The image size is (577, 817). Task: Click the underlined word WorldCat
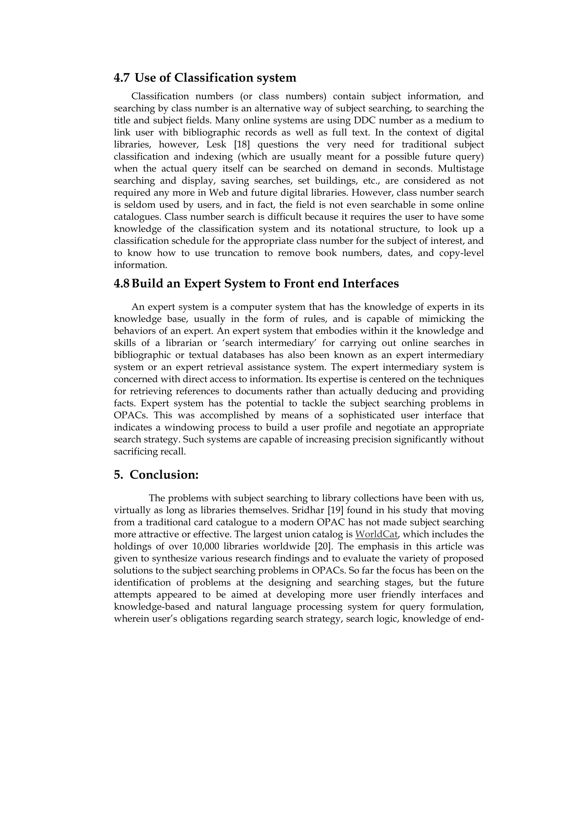376,534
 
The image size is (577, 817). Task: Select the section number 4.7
122,78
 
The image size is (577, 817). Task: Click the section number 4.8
122,284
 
